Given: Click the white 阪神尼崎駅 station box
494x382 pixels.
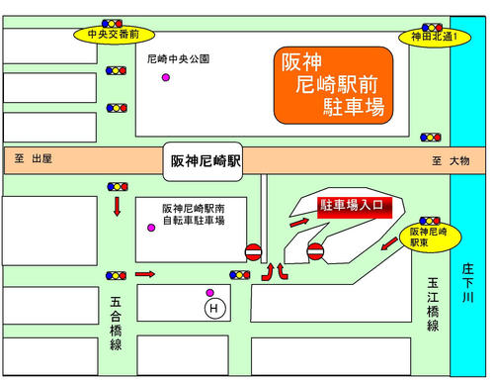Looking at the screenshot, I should tap(205, 160).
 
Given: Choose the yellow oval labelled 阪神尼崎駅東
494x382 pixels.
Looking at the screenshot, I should tap(429, 236).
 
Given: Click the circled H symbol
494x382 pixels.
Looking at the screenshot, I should tap(212, 310).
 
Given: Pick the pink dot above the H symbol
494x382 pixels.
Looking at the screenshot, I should tap(209, 292).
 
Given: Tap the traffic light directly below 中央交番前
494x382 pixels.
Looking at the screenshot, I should tap(117, 71).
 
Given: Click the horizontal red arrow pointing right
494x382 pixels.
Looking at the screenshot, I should tap(144, 274).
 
